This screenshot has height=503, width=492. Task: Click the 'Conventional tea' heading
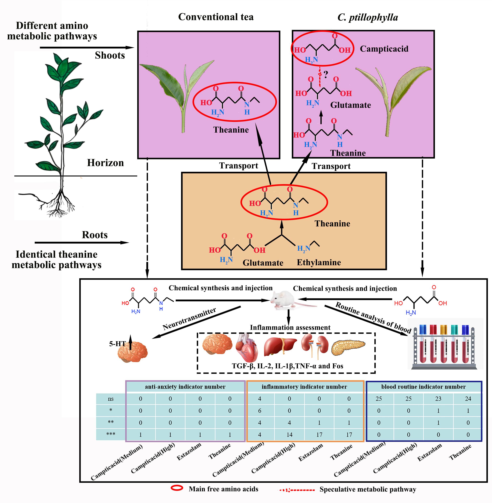coord(216,17)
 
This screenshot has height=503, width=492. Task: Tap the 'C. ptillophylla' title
coord(367,18)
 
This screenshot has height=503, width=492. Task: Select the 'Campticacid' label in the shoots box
coord(384,49)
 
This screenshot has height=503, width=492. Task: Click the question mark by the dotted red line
coord(326,74)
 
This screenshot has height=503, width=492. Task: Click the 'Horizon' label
coord(105,163)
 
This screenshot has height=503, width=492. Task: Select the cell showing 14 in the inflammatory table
coord(289,435)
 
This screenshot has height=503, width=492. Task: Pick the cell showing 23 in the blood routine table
coord(438,399)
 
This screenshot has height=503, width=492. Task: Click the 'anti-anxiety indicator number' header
coord(185,387)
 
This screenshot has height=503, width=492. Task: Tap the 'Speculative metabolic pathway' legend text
coord(368,489)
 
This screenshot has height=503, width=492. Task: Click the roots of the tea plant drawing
coord(58,204)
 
